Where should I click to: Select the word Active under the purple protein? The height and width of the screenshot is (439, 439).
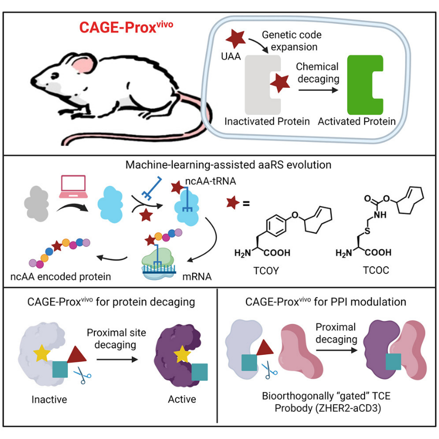[x=182, y=399]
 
